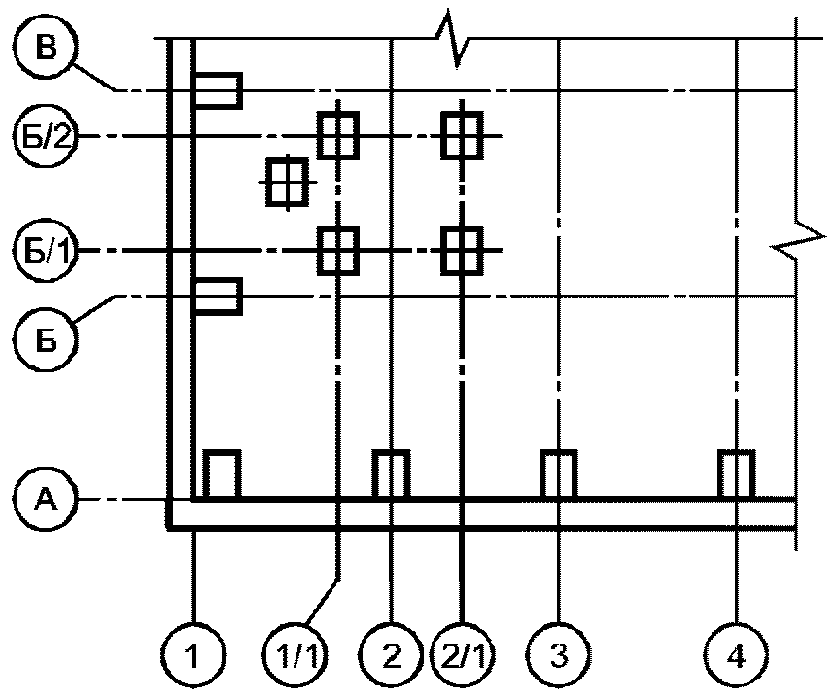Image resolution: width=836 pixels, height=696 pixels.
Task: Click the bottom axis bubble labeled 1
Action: coord(193,659)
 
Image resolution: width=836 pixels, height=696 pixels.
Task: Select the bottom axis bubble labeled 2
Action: coord(390,659)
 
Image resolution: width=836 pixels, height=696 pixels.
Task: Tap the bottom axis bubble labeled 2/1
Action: coord(461,659)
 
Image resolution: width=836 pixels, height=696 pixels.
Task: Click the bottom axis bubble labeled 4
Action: coord(737,659)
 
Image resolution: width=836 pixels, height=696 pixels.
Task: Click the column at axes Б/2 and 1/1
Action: coord(337,134)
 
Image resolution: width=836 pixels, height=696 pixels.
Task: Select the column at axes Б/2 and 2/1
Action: coord(461,134)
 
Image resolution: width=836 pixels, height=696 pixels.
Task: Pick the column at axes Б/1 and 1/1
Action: coord(337,250)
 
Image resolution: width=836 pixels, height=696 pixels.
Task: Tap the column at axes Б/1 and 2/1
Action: coord(461,250)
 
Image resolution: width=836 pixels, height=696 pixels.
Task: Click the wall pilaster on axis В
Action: coord(217,89)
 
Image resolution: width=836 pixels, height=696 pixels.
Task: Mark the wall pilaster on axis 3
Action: coord(559,474)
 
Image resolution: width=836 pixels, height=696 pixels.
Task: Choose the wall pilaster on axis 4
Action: coord(736,474)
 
